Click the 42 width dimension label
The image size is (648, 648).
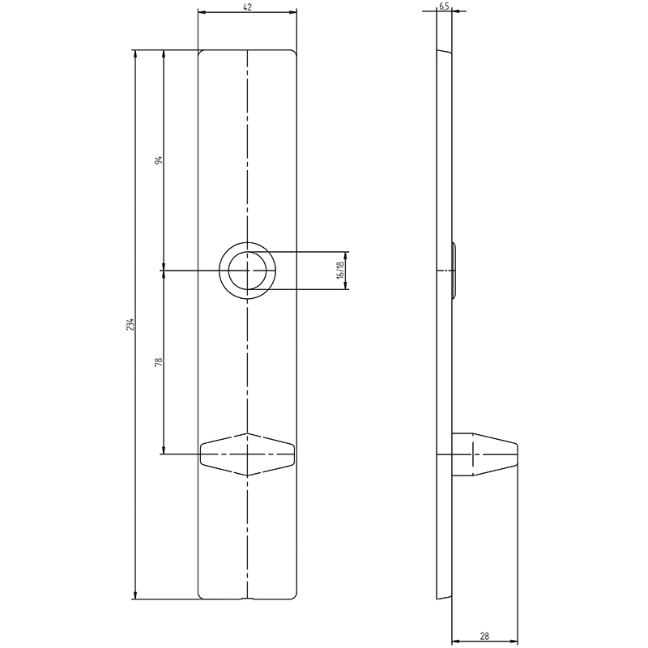(x=248, y=6)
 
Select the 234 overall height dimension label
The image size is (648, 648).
(x=130, y=325)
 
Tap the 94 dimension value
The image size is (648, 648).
(x=159, y=160)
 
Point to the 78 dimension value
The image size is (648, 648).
(x=159, y=362)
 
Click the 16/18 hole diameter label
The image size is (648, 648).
(x=340, y=271)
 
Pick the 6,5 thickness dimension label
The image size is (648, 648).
(x=444, y=6)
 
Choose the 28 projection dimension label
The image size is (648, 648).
(x=485, y=637)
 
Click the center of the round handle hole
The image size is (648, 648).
(x=248, y=271)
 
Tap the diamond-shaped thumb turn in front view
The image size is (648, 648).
(x=248, y=454)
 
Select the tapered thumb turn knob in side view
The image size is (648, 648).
(x=484, y=454)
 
